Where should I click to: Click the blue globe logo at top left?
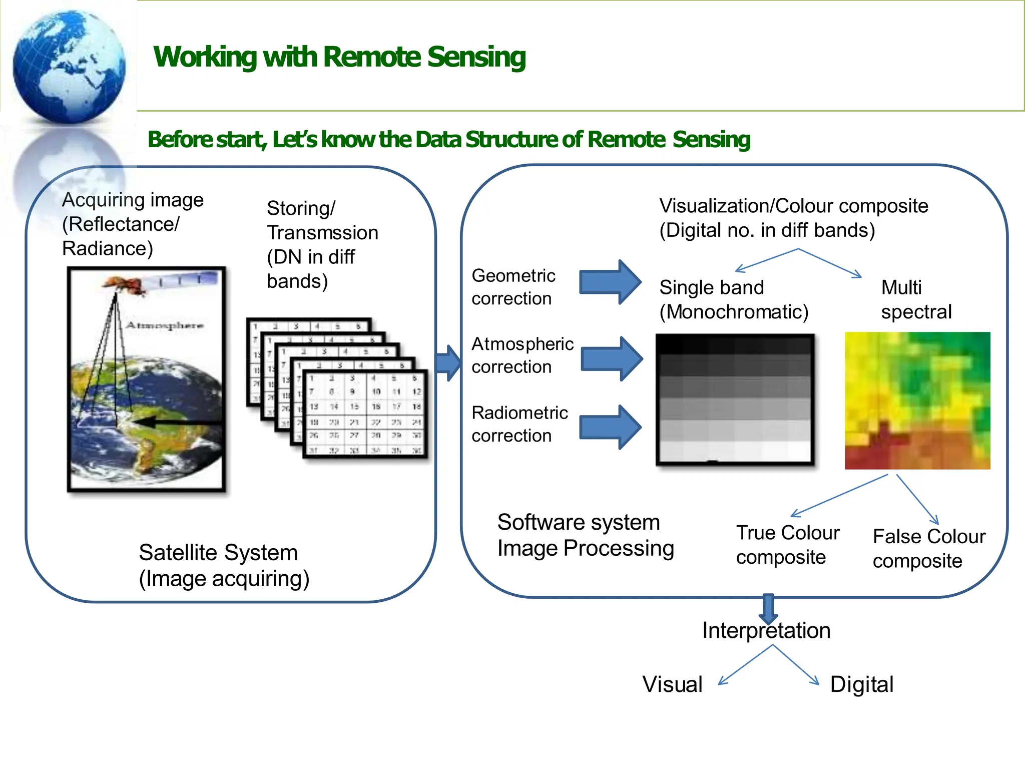coord(69,66)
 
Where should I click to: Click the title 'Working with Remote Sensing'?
coord(339,57)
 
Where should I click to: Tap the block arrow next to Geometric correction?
coord(610,282)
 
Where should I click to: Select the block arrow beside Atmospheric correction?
coord(612,358)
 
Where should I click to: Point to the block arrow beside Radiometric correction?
coord(610,427)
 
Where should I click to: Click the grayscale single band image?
coord(735,399)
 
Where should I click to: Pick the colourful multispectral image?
coord(917,401)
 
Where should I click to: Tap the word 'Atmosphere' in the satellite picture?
coord(164,325)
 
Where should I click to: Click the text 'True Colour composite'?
coord(787,544)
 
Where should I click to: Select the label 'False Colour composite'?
coord(928,548)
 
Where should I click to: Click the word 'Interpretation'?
coord(766,630)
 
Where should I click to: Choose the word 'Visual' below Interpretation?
coord(672,684)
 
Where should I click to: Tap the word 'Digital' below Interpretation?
coord(861,684)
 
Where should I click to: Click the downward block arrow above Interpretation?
coord(768,608)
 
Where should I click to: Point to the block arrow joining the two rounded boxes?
coord(448,362)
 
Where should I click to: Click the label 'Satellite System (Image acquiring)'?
coord(224,565)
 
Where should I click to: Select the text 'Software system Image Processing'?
coord(585,535)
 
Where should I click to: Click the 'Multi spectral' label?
coord(915,299)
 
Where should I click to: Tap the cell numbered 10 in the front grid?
coord(376,392)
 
